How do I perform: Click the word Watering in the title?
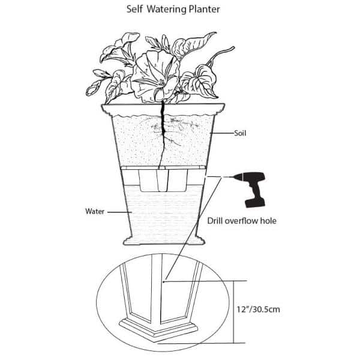click(167, 10)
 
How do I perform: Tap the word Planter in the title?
click(205, 9)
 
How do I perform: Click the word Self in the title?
click(134, 9)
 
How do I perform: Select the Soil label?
click(240, 133)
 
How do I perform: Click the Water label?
click(95, 211)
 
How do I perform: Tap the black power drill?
click(250, 190)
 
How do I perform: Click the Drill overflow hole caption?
click(242, 221)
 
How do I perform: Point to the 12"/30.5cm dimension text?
click(258, 309)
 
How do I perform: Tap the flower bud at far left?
click(91, 89)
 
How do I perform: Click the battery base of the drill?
click(255, 203)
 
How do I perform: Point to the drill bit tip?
click(224, 177)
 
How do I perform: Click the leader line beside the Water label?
click(119, 212)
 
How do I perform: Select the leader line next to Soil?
click(222, 133)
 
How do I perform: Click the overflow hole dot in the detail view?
click(163, 281)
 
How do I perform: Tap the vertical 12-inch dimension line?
click(234, 312)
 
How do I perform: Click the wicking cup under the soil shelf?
click(163, 181)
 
